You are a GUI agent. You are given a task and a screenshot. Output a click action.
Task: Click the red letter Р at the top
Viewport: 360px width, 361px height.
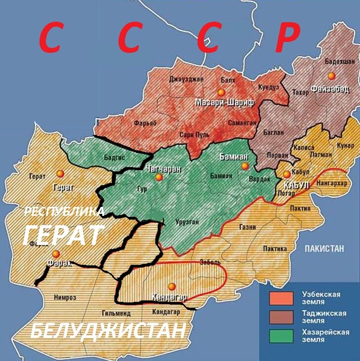287,38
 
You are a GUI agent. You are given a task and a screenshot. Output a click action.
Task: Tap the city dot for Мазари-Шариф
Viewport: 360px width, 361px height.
221,92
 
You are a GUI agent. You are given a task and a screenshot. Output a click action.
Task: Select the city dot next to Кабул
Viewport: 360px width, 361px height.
286,174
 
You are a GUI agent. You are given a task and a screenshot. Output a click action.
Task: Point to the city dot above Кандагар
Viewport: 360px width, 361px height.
172,286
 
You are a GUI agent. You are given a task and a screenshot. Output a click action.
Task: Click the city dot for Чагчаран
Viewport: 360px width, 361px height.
159,177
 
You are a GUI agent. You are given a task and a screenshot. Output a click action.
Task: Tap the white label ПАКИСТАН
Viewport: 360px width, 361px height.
323,248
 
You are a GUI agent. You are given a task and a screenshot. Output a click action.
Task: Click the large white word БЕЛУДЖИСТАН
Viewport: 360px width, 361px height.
108,331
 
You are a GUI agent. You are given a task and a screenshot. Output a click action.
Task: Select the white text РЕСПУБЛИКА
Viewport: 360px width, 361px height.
64,212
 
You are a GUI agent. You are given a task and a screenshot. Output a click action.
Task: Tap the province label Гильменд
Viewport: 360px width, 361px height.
116,313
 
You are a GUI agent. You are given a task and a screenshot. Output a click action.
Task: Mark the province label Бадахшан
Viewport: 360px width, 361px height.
338,62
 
